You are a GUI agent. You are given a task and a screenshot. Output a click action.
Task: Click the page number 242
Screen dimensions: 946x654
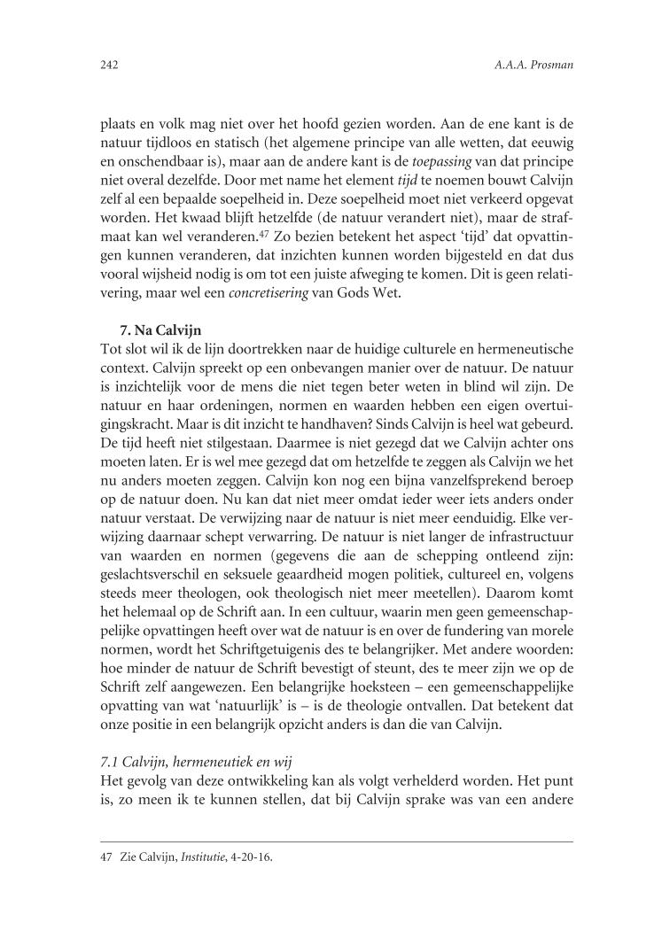pos(110,65)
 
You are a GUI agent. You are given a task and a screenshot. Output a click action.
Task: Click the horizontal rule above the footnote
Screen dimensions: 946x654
pos(336,841)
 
